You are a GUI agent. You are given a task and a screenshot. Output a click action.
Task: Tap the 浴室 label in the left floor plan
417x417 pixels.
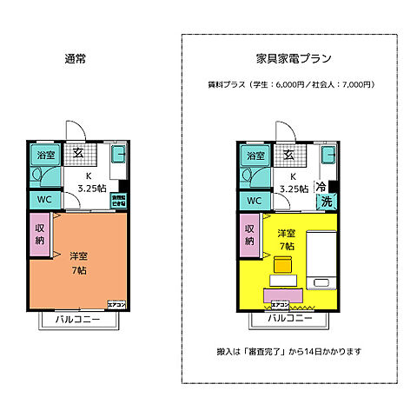[x=44, y=156]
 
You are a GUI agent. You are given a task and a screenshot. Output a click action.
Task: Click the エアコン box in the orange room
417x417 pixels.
[x=116, y=304]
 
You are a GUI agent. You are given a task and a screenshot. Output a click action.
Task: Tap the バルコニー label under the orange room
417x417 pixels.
[x=76, y=320]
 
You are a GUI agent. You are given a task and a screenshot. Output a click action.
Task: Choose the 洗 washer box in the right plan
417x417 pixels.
[x=327, y=202]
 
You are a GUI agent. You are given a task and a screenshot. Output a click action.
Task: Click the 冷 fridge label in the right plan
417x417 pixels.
[x=321, y=187]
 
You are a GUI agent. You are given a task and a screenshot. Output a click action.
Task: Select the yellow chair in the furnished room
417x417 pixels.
[x=283, y=265]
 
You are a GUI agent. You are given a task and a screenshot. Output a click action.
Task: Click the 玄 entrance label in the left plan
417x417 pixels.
[x=77, y=154]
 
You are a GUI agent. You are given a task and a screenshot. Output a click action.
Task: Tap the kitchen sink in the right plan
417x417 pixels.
[x=328, y=157]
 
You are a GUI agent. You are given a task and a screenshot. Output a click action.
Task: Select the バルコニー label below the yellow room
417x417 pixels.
[x=286, y=320]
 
